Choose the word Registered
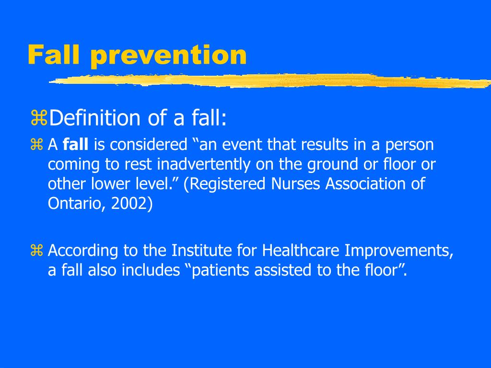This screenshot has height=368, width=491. [223, 184]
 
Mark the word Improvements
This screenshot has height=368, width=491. [399, 250]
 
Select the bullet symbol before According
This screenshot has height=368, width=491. [37, 251]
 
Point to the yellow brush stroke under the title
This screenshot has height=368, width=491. [269, 81]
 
